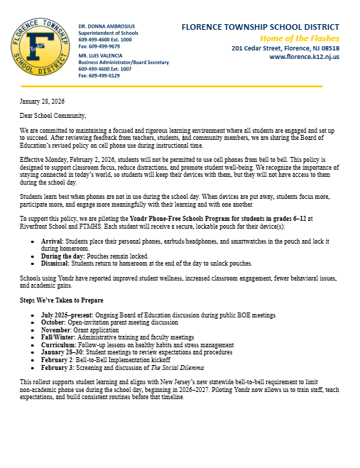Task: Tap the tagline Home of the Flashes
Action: click(299, 37)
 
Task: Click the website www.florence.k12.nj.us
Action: click(305, 57)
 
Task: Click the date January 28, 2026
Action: click(42, 102)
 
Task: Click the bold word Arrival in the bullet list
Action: click(54, 241)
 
